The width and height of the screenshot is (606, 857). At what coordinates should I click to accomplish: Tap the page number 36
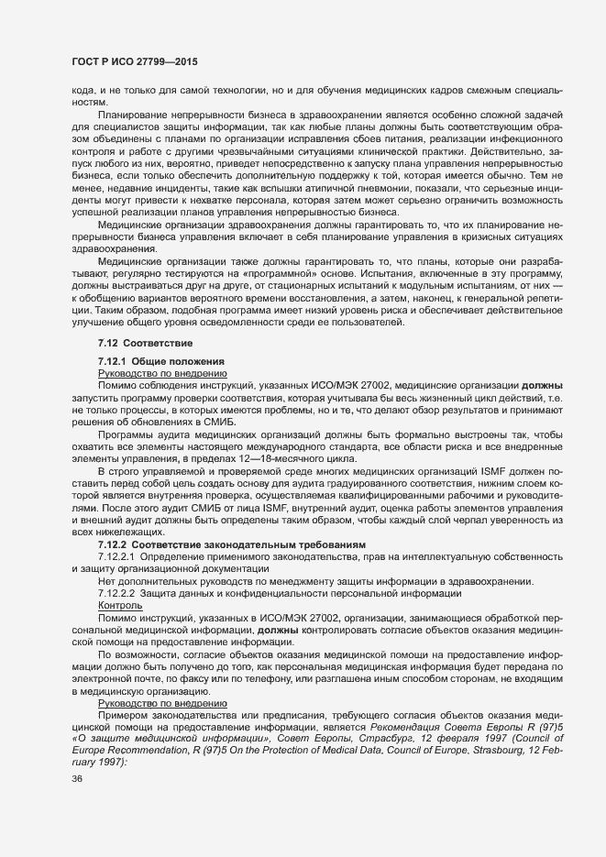(x=77, y=804)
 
